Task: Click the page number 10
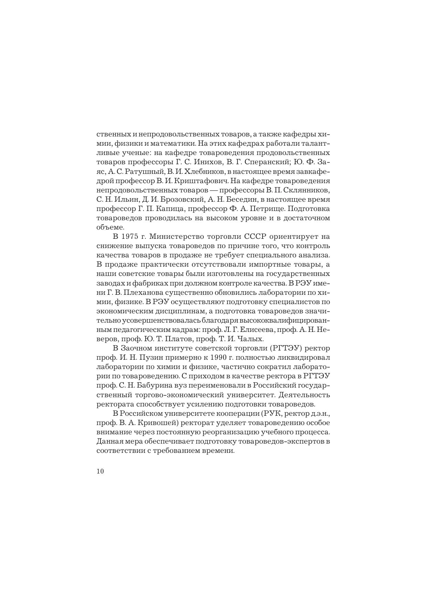pyautogui.click(x=100, y=471)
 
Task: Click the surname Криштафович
pyautogui.click(x=201, y=181)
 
